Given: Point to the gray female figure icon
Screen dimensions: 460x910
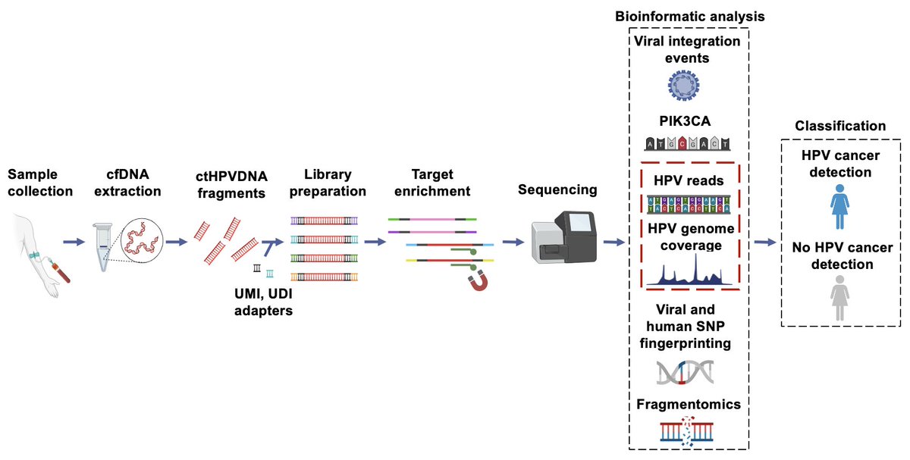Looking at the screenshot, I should pos(839,297).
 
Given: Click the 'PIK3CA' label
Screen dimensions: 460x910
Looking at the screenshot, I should pos(686,121).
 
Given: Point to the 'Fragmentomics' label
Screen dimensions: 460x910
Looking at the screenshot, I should pos(686,405).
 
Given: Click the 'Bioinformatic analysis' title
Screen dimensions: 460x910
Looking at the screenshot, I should pos(688,15).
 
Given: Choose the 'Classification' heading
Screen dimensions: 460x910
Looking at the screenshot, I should pos(839,126).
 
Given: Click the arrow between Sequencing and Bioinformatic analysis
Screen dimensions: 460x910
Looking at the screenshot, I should pos(613,243).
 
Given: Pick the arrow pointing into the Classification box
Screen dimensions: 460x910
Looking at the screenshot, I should pos(765,243).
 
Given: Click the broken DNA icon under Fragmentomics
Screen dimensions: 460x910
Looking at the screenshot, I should pos(686,430).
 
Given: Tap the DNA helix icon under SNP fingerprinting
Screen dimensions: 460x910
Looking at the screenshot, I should pos(686,372).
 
